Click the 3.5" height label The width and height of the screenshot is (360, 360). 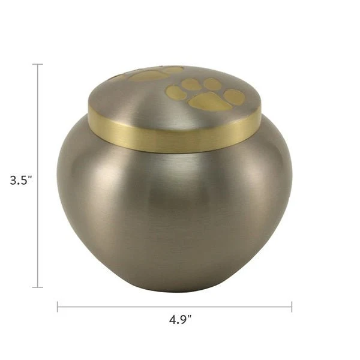point(20,180)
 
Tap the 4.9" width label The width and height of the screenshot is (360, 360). point(180,320)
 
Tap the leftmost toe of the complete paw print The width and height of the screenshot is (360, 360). point(175,91)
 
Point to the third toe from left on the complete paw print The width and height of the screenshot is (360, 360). point(212,83)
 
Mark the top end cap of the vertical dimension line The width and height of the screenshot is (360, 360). point(38,64)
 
